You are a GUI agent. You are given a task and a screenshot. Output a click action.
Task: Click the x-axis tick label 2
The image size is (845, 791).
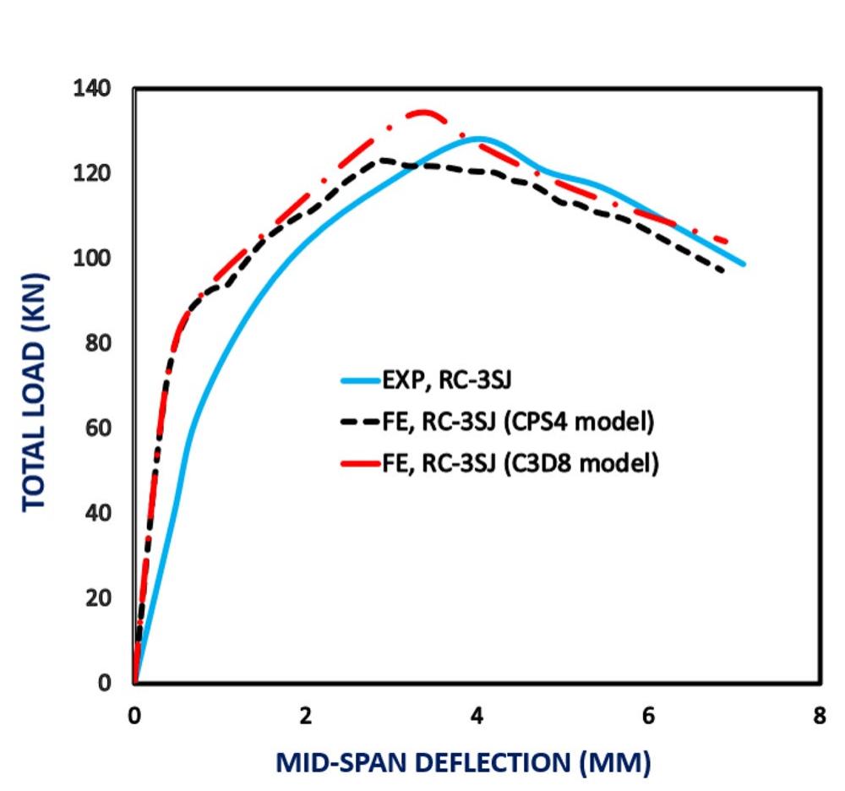(x=306, y=715)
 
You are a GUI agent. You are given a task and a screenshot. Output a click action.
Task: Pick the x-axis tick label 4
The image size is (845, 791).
(x=477, y=715)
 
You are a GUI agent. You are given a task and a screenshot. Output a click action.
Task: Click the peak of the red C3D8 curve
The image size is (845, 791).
(x=422, y=112)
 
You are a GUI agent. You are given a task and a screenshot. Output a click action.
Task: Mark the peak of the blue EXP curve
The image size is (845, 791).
(x=479, y=138)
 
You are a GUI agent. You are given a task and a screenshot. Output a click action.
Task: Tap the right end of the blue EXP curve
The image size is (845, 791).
(x=744, y=265)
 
